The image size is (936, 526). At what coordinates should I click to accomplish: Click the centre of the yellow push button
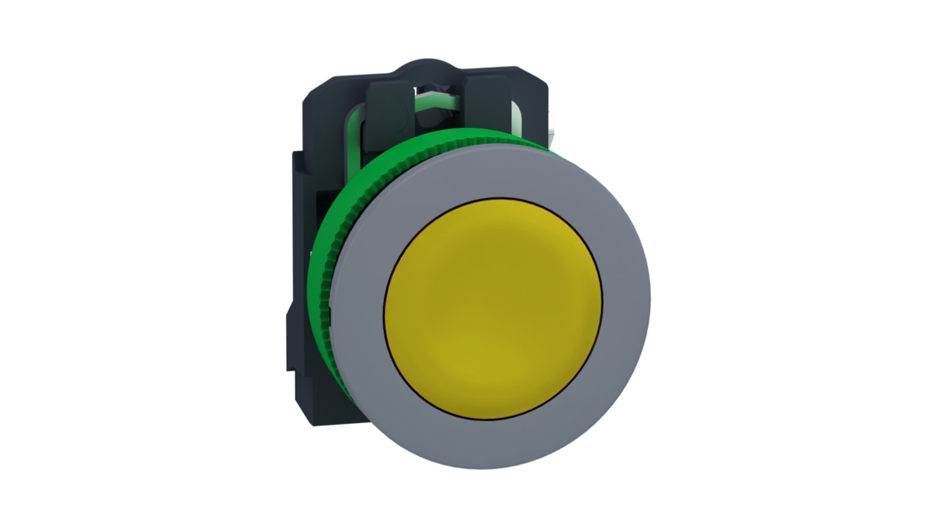493,308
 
